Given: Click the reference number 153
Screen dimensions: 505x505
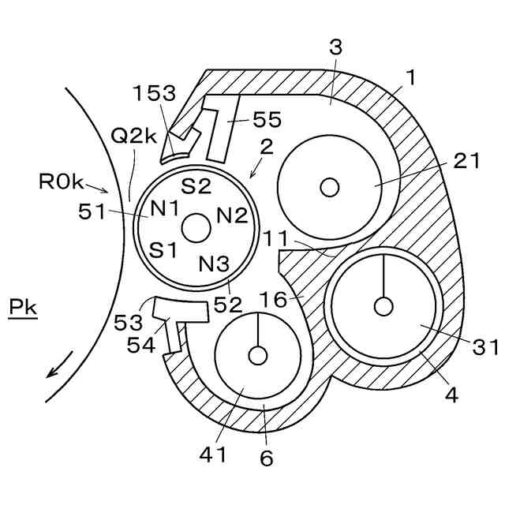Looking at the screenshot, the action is (x=155, y=93).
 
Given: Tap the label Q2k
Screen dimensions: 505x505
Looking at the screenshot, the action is (x=133, y=136).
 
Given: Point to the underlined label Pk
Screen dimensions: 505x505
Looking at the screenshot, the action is (x=23, y=307).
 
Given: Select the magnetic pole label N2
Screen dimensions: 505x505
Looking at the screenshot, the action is (x=232, y=215).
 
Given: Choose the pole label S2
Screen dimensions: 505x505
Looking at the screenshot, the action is (x=196, y=185).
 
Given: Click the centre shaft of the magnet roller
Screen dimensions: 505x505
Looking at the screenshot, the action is (x=196, y=228).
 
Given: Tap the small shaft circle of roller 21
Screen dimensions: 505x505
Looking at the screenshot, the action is (x=330, y=187).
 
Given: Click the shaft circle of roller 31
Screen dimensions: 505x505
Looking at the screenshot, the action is (x=383, y=306).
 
